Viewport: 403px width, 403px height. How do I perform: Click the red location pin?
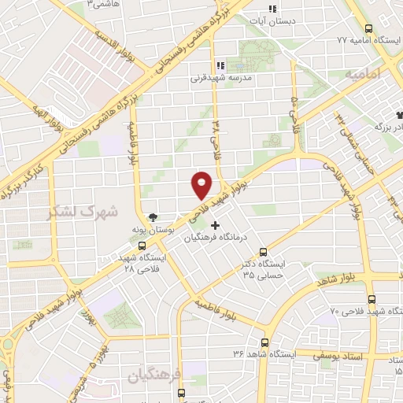(202, 185)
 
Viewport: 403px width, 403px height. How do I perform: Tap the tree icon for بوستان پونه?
(153, 218)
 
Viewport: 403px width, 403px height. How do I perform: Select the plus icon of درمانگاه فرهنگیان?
(215, 225)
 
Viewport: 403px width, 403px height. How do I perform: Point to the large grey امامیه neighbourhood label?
(363, 72)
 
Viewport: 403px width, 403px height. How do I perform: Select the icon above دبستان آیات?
(272, 9)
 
